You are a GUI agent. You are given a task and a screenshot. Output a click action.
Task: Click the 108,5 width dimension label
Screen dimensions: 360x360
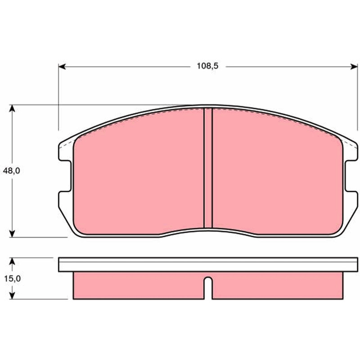207,66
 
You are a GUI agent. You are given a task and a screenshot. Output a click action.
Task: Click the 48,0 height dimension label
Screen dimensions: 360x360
12,171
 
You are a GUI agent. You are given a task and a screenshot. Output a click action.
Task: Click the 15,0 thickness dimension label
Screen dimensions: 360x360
13,279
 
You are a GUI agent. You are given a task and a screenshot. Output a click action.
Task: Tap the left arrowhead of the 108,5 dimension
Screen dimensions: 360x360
62,67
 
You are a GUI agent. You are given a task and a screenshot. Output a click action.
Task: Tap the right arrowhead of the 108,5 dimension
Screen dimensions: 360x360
354,67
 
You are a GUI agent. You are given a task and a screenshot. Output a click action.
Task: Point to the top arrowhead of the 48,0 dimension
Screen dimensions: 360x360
12,108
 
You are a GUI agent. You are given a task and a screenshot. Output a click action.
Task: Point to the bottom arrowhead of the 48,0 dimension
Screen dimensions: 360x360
12,234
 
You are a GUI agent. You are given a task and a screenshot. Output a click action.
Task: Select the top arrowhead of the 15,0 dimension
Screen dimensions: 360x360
12,261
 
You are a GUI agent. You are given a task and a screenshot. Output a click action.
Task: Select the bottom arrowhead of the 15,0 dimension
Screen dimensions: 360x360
12,295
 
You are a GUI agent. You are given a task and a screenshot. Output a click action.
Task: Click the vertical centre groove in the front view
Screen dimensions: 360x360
208,168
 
